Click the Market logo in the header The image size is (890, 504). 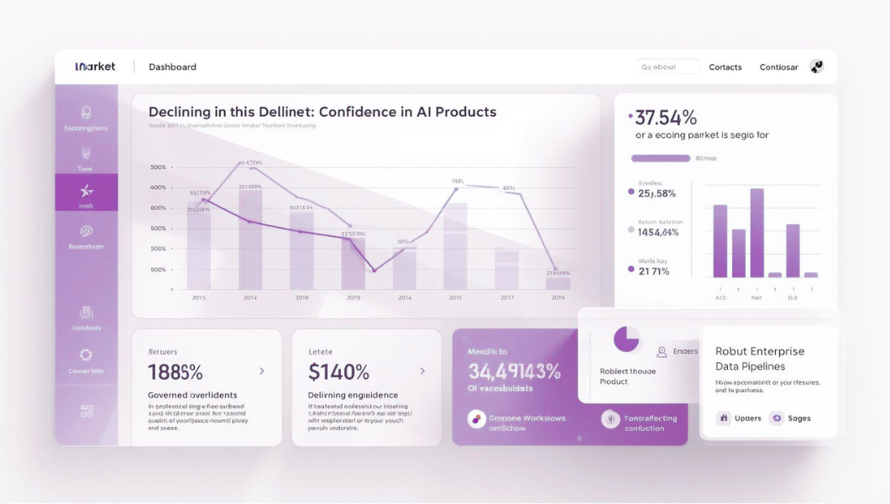tap(95, 66)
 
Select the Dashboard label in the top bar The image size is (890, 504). tap(172, 67)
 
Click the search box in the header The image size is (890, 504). tap(667, 67)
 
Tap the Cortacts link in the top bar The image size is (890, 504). tap(725, 67)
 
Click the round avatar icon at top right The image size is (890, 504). tap(816, 66)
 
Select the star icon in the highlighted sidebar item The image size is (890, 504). tap(86, 191)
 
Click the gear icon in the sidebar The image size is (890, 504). tap(86, 355)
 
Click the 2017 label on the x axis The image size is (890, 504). tap(507, 297)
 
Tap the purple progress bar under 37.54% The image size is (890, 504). tap(660, 158)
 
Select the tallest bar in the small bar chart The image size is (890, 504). tap(756, 233)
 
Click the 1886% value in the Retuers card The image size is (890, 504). tap(175, 372)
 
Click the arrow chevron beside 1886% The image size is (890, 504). tap(262, 371)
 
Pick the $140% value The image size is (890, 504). tap(338, 372)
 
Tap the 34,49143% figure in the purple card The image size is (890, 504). tap(514, 371)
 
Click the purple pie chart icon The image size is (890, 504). tap(626, 339)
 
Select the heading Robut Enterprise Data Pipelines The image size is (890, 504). tap(760, 359)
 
